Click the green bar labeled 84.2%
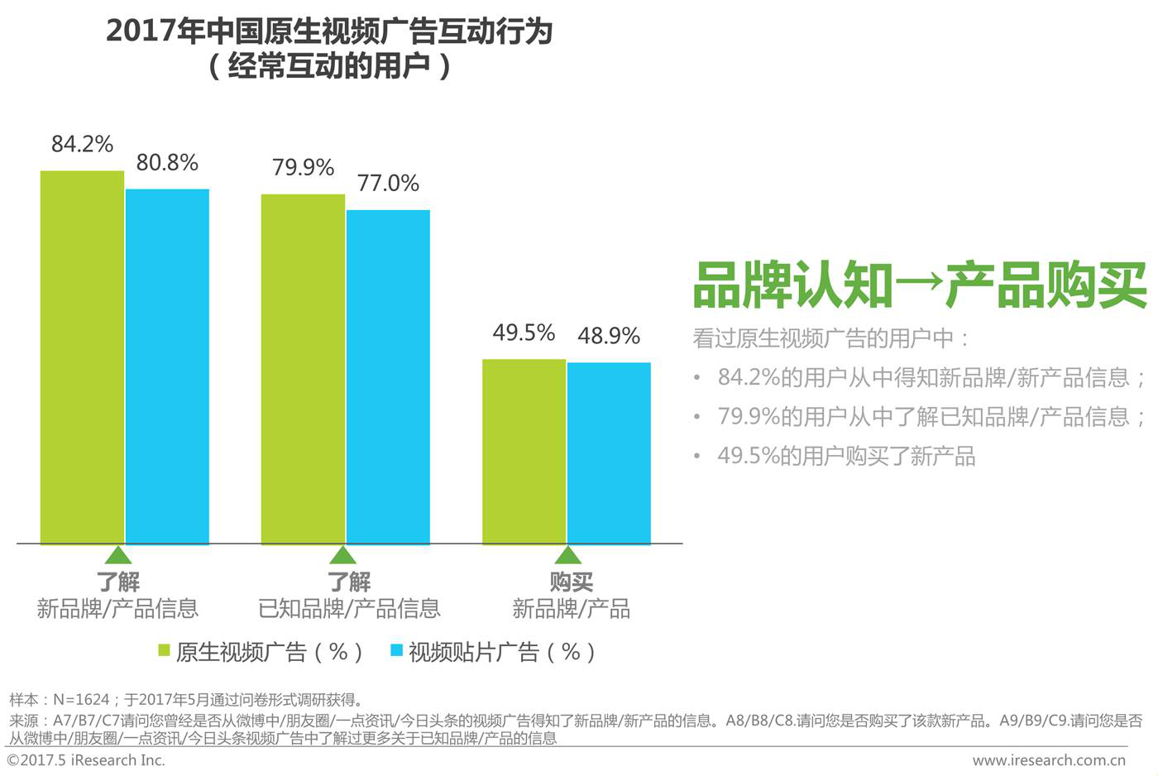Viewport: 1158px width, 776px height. (82, 357)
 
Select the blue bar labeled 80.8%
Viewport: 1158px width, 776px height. (167, 366)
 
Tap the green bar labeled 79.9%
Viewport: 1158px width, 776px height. (303, 369)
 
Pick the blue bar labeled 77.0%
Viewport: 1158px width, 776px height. (388, 377)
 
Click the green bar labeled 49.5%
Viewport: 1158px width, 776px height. (524, 452)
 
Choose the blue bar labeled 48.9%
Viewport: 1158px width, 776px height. (609, 453)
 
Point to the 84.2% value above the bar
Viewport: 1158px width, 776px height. (82, 144)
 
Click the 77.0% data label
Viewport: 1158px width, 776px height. (388, 183)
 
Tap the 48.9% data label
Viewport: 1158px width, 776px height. (609, 336)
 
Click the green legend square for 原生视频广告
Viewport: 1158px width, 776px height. (164, 651)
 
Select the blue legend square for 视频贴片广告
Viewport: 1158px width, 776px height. (396, 651)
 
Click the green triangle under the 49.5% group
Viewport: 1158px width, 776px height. (567, 554)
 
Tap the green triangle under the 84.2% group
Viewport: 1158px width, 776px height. (118, 554)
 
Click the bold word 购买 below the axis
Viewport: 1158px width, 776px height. (571, 582)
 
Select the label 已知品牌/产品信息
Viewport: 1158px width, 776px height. (349, 609)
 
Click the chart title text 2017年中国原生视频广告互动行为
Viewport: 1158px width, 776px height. (329, 31)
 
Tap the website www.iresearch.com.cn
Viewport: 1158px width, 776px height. (1048, 760)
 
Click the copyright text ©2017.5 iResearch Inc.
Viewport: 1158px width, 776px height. (86, 760)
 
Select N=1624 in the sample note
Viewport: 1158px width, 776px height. (81, 700)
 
